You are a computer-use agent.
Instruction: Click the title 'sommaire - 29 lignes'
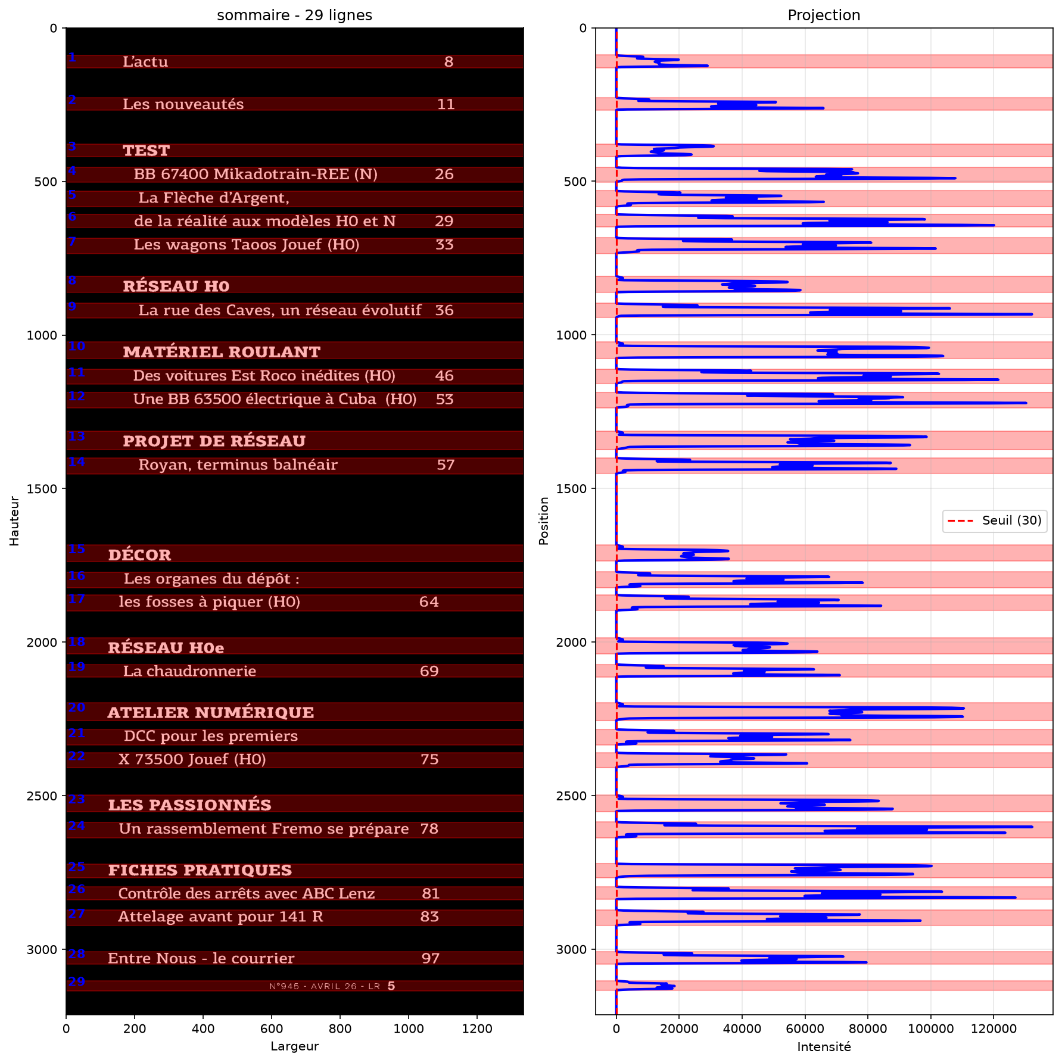[294, 15]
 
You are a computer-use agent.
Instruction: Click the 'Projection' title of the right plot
[824, 15]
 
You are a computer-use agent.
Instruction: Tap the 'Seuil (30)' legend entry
[1011, 520]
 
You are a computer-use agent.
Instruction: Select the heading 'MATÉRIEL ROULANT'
[222, 352]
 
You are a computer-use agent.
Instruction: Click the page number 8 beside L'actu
[449, 62]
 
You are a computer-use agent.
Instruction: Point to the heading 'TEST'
[146, 151]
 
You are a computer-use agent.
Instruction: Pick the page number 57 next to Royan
[446, 465]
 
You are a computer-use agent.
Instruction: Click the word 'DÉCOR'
[139, 555]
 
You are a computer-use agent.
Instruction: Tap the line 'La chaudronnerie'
[189, 671]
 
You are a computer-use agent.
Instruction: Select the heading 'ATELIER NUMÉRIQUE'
[210, 712]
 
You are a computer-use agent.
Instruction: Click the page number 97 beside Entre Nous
[430, 958]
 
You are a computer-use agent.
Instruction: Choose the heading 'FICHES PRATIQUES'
[200, 870]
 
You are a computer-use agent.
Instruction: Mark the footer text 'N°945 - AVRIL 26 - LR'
[325, 986]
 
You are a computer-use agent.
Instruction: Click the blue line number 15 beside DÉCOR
[76, 549]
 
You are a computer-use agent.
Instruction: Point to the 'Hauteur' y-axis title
[14, 521]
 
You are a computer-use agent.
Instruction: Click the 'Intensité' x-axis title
[824, 1046]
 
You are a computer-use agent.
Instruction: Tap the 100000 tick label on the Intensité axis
[930, 1028]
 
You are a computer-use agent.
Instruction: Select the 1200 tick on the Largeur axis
[477, 1028]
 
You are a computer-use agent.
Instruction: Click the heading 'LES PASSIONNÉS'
[189, 805]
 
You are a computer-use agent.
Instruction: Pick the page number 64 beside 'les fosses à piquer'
[429, 602]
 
